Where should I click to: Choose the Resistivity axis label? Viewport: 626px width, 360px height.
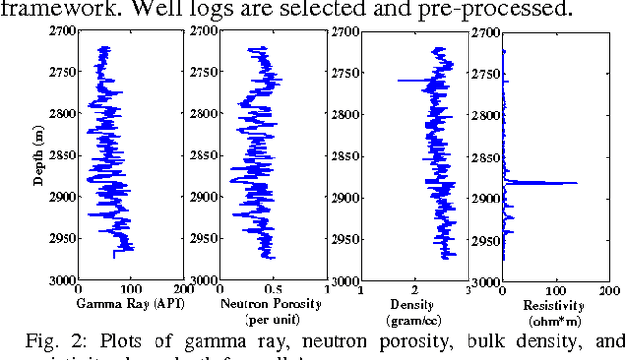[x=554, y=305]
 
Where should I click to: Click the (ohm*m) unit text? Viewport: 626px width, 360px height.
[x=554, y=320]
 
